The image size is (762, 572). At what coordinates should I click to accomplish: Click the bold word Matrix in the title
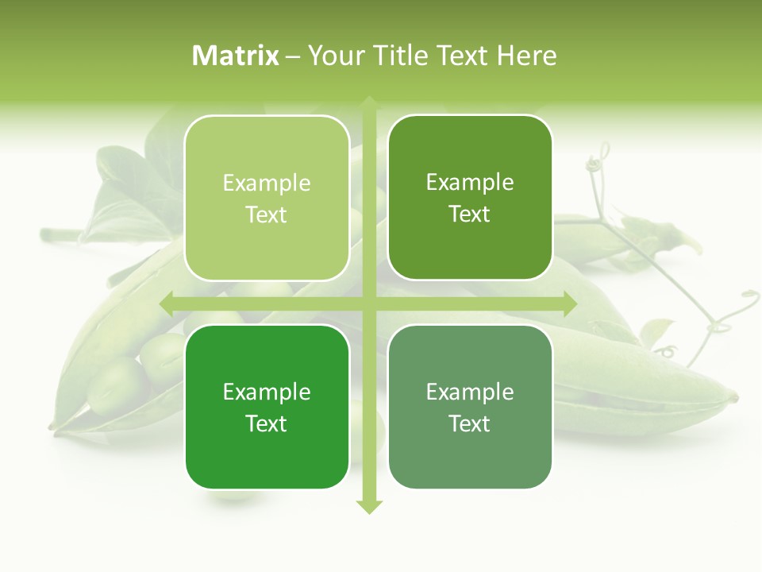tap(236, 56)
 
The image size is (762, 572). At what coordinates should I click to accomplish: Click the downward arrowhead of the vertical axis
tap(369, 506)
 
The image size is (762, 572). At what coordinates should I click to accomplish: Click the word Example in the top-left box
tap(267, 184)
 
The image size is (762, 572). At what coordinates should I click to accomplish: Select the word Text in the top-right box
tap(470, 214)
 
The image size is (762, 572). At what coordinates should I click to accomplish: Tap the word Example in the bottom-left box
tap(267, 392)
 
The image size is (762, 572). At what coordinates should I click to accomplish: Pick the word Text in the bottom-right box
tap(470, 424)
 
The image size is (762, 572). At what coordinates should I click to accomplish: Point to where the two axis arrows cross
tap(369, 303)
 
